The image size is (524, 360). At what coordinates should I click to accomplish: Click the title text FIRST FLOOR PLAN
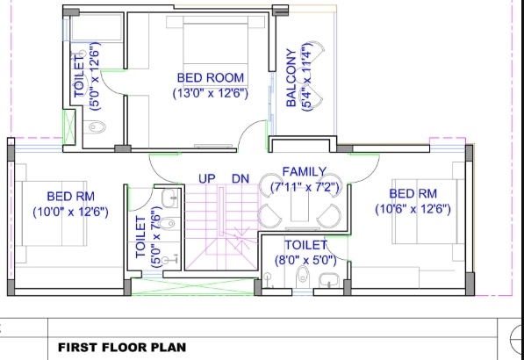coord(122,347)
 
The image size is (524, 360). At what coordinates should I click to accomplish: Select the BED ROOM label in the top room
coord(210,78)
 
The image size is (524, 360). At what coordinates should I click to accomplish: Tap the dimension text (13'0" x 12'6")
coord(210,92)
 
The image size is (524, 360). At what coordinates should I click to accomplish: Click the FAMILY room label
coord(304,172)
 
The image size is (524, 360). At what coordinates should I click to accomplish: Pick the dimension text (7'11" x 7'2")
coord(304,186)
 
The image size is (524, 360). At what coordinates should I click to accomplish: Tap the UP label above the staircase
coord(207,179)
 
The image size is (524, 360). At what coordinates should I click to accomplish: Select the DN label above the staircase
coord(240,179)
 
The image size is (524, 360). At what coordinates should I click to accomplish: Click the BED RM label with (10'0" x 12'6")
coord(71,196)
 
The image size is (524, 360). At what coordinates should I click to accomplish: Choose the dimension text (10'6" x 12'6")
coord(413,208)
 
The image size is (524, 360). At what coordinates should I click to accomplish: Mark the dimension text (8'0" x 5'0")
coord(305,259)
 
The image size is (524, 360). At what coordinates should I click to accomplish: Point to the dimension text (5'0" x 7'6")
coord(156,237)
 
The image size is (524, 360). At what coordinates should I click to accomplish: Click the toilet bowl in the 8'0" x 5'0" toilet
coord(303,277)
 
